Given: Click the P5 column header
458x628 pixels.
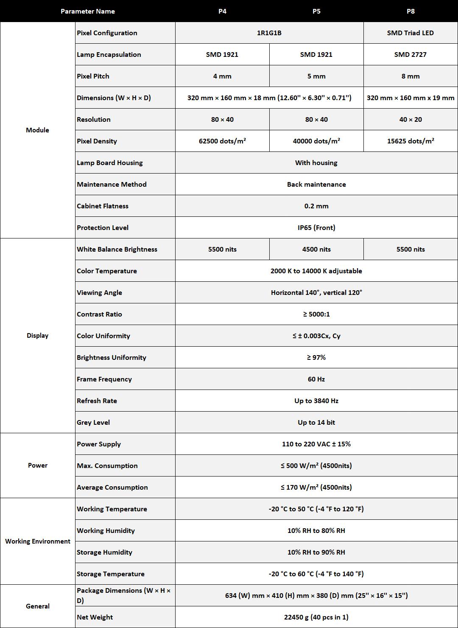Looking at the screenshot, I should pos(316,11).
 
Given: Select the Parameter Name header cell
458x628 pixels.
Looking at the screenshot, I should pos(88,11).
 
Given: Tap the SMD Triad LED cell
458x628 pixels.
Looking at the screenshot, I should pos(410,33).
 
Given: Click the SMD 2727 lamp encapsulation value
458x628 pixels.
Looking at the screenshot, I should pos(410,55).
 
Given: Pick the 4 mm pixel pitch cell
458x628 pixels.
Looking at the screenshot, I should pos(222,76).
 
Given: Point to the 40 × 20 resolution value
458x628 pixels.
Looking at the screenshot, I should pos(410,120).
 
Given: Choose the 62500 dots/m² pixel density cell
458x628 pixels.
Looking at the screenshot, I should pos(222,141).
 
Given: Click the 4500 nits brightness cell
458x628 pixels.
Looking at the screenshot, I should pos(316,250).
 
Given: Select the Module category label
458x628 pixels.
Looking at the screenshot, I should pos(37,130).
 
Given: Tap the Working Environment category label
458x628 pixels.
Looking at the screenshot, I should pos(38,541).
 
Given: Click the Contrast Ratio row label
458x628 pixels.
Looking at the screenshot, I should pos(99,314).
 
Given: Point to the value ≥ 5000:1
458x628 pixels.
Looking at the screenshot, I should pos(316,314).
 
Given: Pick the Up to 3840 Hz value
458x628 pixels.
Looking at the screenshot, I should pos(316,401).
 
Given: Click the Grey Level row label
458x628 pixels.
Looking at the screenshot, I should pos(93,423).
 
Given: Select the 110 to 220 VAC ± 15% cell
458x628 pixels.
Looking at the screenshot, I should pos(316,444).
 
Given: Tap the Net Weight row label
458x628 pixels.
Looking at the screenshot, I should pos(95,617).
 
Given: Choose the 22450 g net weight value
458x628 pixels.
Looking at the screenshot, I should pos(316,617).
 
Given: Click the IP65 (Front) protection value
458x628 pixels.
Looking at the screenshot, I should pos(316,228).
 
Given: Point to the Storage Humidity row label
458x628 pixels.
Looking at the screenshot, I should pos(104,552).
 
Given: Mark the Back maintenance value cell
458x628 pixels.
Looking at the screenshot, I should pos(316,185).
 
